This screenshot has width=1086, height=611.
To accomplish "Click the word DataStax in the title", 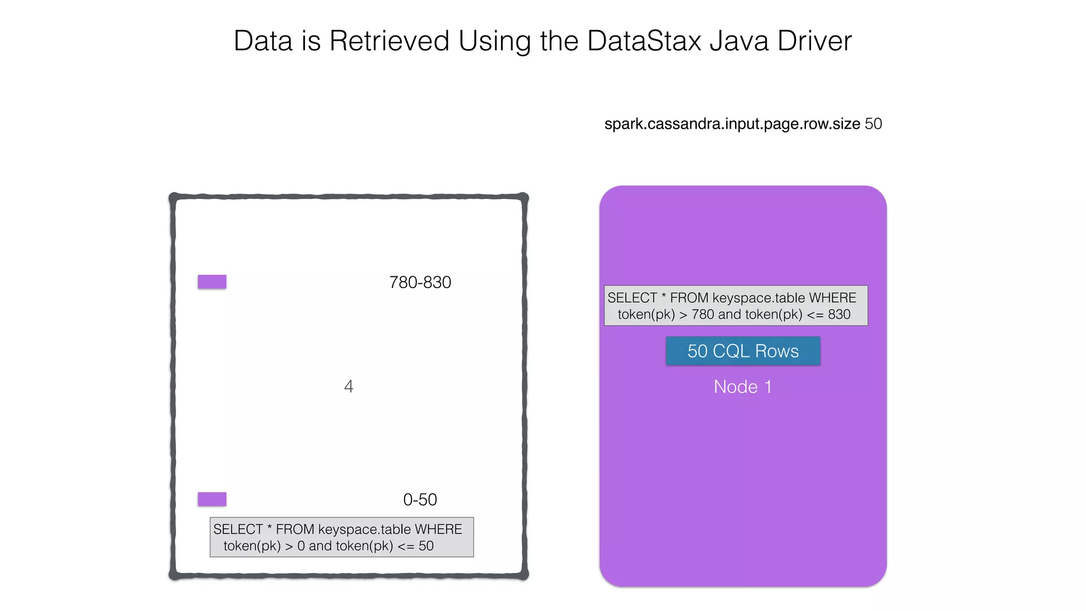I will pyautogui.click(x=644, y=41).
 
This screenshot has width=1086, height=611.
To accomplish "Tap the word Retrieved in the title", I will pyautogui.click(x=389, y=41).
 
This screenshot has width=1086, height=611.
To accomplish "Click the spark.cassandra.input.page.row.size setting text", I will pyautogui.click(x=732, y=124).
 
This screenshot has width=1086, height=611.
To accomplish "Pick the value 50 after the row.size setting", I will pyautogui.click(x=873, y=124).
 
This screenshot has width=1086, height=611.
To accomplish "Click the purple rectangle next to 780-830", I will pyautogui.click(x=212, y=282).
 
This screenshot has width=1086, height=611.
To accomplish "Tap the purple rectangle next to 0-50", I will pyautogui.click(x=212, y=499).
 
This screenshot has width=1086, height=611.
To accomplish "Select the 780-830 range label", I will pyautogui.click(x=420, y=282).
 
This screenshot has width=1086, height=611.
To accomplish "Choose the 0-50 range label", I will pyautogui.click(x=420, y=500).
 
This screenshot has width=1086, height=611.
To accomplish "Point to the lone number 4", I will pyautogui.click(x=348, y=386).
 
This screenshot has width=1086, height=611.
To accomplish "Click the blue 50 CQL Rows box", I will pyautogui.click(x=743, y=351).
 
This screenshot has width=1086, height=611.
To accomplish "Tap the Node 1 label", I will pyautogui.click(x=742, y=387).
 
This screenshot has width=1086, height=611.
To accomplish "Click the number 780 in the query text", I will pyautogui.click(x=703, y=315).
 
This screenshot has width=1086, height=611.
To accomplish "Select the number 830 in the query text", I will pyautogui.click(x=839, y=315).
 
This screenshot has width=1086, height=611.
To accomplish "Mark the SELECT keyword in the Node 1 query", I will pyautogui.click(x=632, y=298).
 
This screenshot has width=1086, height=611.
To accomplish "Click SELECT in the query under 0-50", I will pyautogui.click(x=238, y=529).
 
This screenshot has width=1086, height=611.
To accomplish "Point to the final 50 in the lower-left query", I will pyautogui.click(x=426, y=546).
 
